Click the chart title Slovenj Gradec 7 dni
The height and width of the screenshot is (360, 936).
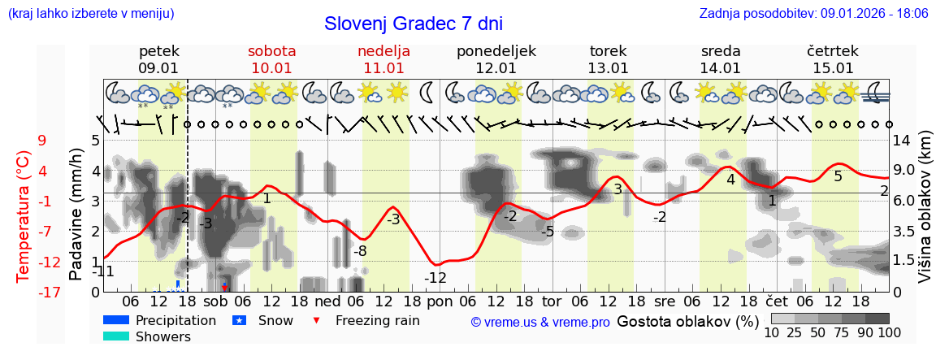coord(413,24)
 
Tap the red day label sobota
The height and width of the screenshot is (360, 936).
coord(271,51)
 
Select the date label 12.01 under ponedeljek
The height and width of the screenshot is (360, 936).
coord(496,68)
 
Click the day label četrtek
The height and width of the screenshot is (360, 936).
coord(832,51)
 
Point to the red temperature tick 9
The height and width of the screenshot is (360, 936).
coord(41,141)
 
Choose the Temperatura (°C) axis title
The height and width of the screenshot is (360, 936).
coord(24,216)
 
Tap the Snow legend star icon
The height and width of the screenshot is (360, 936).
coord(239,320)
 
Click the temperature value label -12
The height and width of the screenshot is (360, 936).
coord(435,278)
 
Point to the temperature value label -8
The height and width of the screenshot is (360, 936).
coord(359,251)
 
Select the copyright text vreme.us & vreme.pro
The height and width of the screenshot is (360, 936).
coord(540,323)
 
